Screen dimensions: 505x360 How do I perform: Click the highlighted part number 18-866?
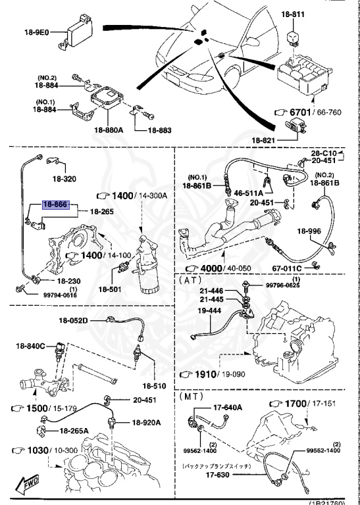pyautogui.click(x=55, y=204)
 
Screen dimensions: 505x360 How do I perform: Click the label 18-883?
pyautogui.click(x=159, y=130)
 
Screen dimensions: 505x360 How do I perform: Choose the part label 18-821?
pyautogui.click(x=265, y=139)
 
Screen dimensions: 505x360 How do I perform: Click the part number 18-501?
pyautogui.click(x=111, y=289)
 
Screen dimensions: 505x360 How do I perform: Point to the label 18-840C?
pyautogui.click(x=31, y=346)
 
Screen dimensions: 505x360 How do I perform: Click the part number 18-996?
pyautogui.click(x=309, y=231)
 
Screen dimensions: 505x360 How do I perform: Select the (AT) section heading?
pyautogui.click(x=190, y=279)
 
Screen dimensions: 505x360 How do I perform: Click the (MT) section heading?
pyautogui.click(x=191, y=397)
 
